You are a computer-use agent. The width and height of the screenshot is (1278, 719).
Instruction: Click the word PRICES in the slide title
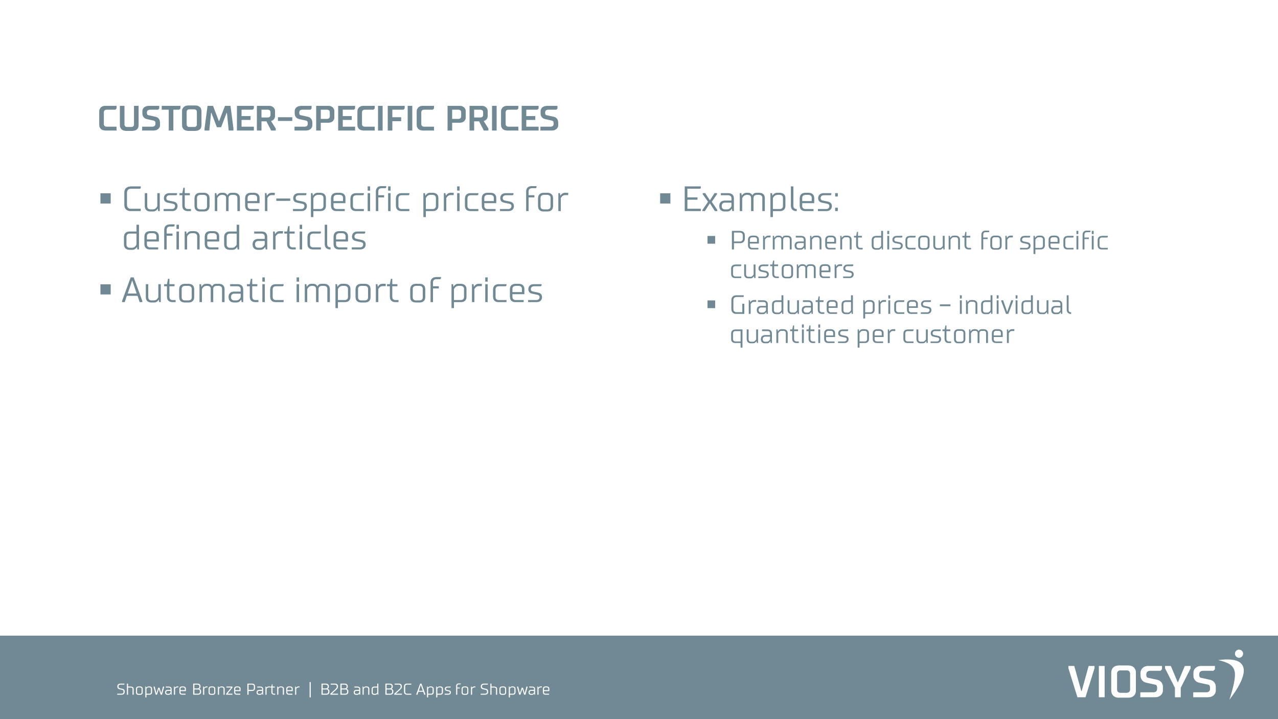point(503,119)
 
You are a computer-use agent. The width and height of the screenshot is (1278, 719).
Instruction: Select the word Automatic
point(203,290)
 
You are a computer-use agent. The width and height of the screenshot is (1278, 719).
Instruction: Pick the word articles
point(309,238)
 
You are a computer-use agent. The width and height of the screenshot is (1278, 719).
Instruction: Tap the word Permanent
point(796,241)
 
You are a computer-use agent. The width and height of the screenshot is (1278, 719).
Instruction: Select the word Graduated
point(792,306)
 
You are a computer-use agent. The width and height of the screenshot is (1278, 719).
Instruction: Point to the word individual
point(1015,306)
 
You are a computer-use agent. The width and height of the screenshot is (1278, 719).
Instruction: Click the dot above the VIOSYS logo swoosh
point(1239,654)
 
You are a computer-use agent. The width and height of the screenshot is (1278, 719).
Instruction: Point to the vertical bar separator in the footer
point(310,690)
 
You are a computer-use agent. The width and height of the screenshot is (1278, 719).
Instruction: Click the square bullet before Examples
point(665,198)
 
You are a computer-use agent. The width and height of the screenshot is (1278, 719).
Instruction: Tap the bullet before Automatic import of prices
point(106,290)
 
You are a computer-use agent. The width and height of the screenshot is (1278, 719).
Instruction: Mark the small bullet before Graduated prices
point(711,305)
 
